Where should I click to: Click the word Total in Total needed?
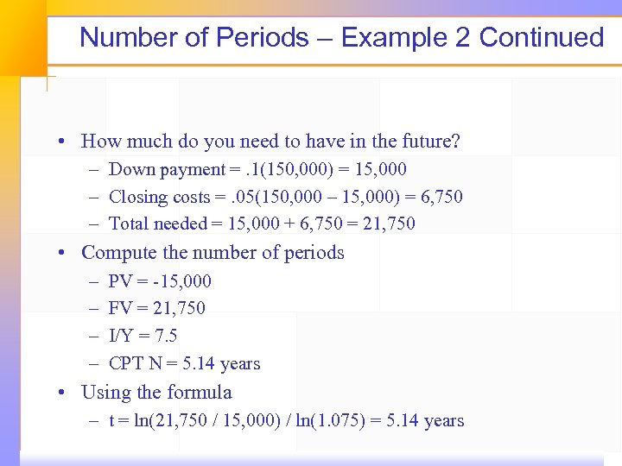129,224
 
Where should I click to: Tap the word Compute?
120,253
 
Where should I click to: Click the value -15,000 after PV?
179,281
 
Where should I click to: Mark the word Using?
105,393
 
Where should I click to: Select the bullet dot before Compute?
64,254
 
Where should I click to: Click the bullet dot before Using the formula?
64,394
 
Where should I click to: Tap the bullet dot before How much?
64,142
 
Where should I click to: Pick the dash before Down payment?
92,169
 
